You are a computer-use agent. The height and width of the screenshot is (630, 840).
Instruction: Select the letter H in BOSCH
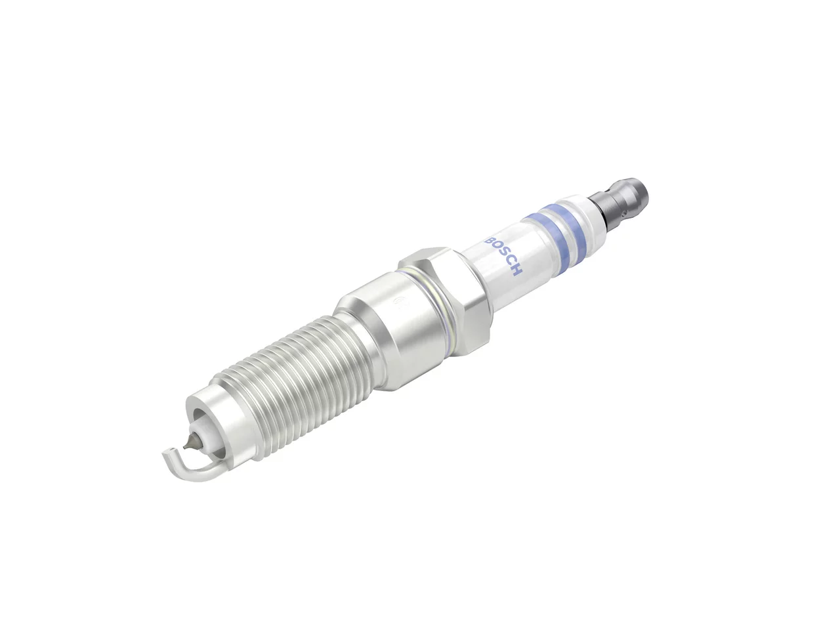(516, 271)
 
